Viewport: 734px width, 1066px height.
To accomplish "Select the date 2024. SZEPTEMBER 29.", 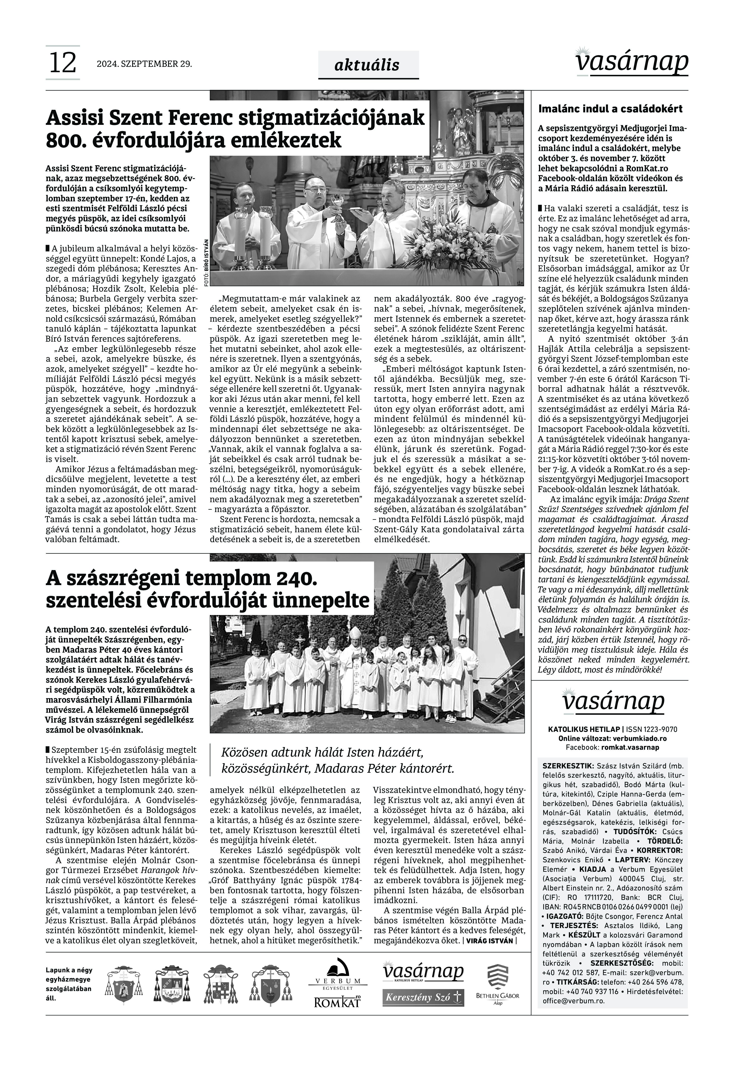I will tap(144, 64).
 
